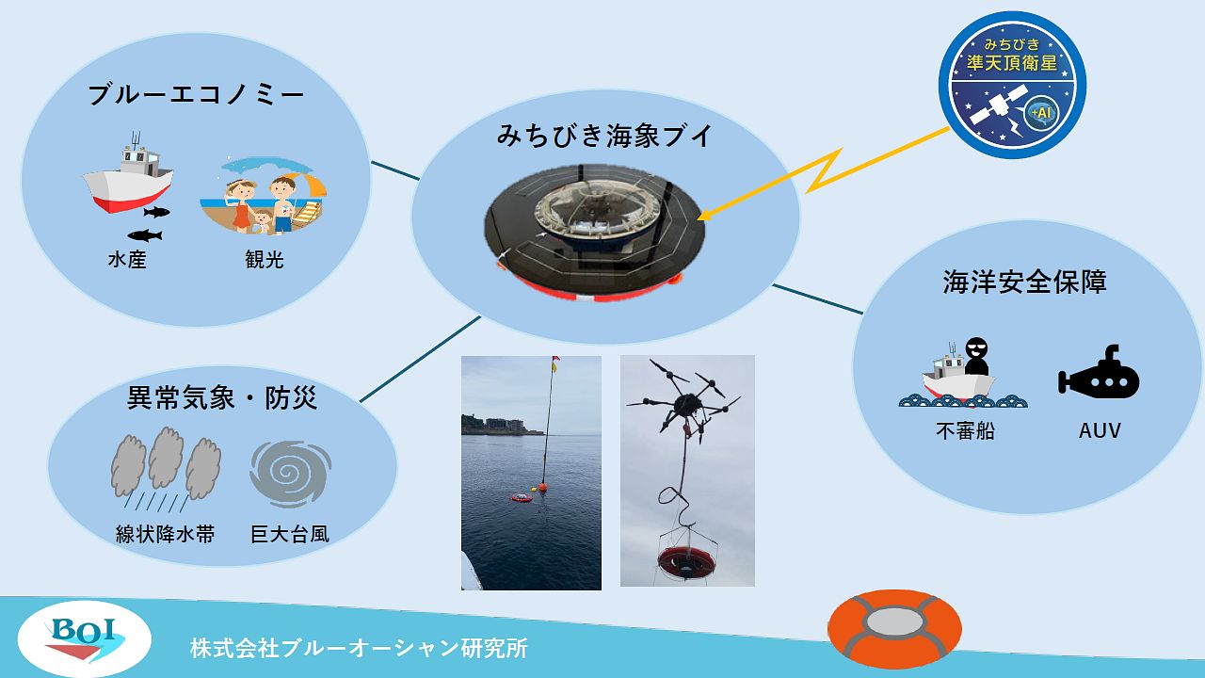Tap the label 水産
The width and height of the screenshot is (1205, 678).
point(127,260)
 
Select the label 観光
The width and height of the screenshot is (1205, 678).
point(265,260)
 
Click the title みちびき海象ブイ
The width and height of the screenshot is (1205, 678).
point(604,136)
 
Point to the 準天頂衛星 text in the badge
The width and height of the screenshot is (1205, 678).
point(1012,63)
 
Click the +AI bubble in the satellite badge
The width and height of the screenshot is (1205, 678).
point(1041,114)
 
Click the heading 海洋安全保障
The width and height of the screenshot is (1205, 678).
point(1024,282)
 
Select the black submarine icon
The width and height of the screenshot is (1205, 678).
point(1099,374)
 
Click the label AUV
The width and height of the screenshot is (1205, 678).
point(1100,430)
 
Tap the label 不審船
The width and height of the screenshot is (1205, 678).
point(965,431)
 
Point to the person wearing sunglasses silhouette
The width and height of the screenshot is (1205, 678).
point(976,356)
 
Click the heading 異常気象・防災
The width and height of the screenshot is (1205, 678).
point(222,398)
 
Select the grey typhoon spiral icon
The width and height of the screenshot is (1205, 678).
point(291,474)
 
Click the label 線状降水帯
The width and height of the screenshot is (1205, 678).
point(165,534)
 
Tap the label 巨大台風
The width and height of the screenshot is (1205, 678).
point(289,534)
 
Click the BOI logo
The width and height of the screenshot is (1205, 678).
point(85,638)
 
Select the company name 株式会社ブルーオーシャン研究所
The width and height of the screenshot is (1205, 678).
point(359,648)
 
